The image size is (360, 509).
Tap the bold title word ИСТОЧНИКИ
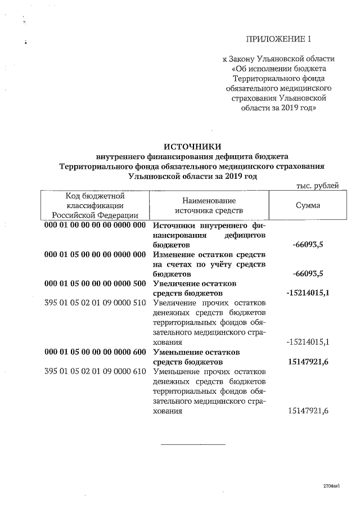[x=192, y=146]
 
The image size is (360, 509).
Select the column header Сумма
[x=308, y=205]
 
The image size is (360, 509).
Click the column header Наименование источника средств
[x=209, y=205]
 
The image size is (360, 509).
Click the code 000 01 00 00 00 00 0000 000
[x=95, y=225]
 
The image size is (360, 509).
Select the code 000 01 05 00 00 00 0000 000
[x=95, y=254]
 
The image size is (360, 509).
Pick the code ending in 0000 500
[x=95, y=283]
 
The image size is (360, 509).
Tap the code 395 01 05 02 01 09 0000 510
[x=95, y=303]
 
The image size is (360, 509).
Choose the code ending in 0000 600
[x=95, y=352]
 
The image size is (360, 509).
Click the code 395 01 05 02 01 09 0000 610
[x=95, y=371]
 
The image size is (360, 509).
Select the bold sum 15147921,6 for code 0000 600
[x=308, y=362]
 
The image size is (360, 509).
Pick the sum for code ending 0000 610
[x=308, y=411]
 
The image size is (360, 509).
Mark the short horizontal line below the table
[x=193, y=445]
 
